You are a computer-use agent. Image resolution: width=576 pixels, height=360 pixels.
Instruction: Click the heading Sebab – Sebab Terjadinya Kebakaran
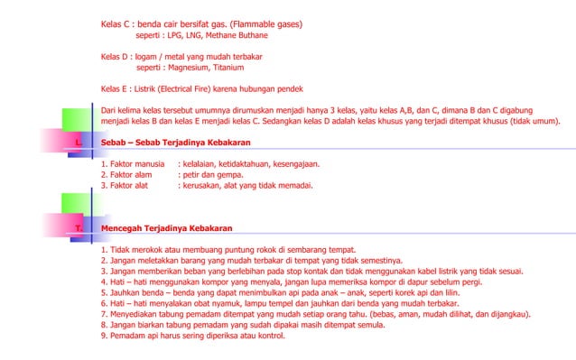(175, 143)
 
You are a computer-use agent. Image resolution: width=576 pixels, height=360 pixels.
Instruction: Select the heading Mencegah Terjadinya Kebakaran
(167, 228)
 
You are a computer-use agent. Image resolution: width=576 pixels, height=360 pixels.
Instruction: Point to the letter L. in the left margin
(79, 143)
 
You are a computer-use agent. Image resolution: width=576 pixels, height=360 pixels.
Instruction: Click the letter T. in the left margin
(79, 228)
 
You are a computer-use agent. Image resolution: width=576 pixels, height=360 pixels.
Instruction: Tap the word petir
(190, 175)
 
